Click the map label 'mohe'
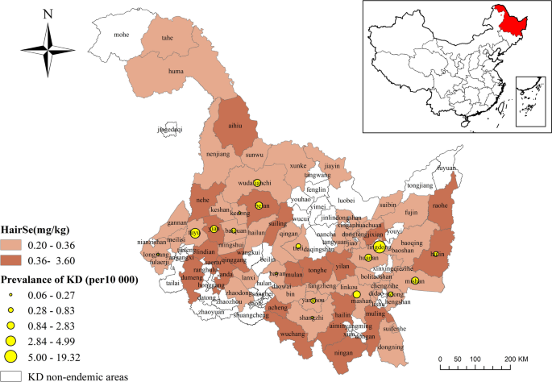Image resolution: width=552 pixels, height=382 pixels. pyautogui.click(x=122, y=35)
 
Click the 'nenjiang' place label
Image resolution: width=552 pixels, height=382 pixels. pyautogui.click(x=219, y=151)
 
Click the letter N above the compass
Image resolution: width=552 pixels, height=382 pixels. pyautogui.click(x=48, y=13)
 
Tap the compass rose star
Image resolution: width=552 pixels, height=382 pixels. pyautogui.click(x=48, y=50)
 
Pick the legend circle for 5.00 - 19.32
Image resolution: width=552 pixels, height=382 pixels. pyautogui.click(x=11, y=355)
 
